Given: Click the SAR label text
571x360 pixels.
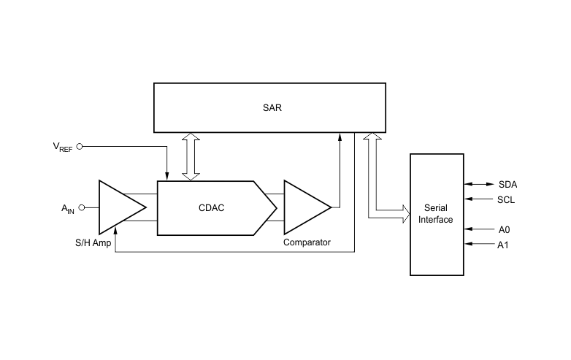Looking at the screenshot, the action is point(272,108).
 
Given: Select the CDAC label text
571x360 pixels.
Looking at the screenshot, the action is point(211,208).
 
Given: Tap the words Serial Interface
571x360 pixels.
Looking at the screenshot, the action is point(435,214).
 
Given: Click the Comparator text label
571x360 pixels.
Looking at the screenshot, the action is point(307,242).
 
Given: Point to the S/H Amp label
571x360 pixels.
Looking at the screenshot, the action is point(93,242).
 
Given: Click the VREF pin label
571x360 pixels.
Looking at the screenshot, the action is point(63,147).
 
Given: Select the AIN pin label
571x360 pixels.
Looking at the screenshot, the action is point(68,209).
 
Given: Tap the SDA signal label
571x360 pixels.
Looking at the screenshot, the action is point(507,185).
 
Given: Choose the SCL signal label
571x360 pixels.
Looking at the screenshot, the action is point(506,200).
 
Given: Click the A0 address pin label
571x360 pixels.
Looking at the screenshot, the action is point(504,230).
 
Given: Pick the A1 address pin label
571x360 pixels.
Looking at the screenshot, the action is point(502,245).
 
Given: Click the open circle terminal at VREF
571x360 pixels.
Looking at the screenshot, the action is point(80,146).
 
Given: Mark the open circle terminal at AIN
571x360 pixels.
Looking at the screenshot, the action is point(82,207).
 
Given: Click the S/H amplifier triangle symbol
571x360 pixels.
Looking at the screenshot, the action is point(123,207).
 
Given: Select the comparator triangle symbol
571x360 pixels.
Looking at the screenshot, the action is point(307,207).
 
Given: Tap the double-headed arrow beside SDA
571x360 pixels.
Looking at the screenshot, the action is point(479,184).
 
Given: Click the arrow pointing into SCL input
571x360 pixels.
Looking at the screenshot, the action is point(479,199).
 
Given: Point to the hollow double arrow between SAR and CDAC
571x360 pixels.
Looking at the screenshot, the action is point(191,156).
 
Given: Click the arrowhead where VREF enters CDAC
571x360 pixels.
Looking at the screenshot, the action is point(166,177).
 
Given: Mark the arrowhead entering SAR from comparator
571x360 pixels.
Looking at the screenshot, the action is point(340,137).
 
